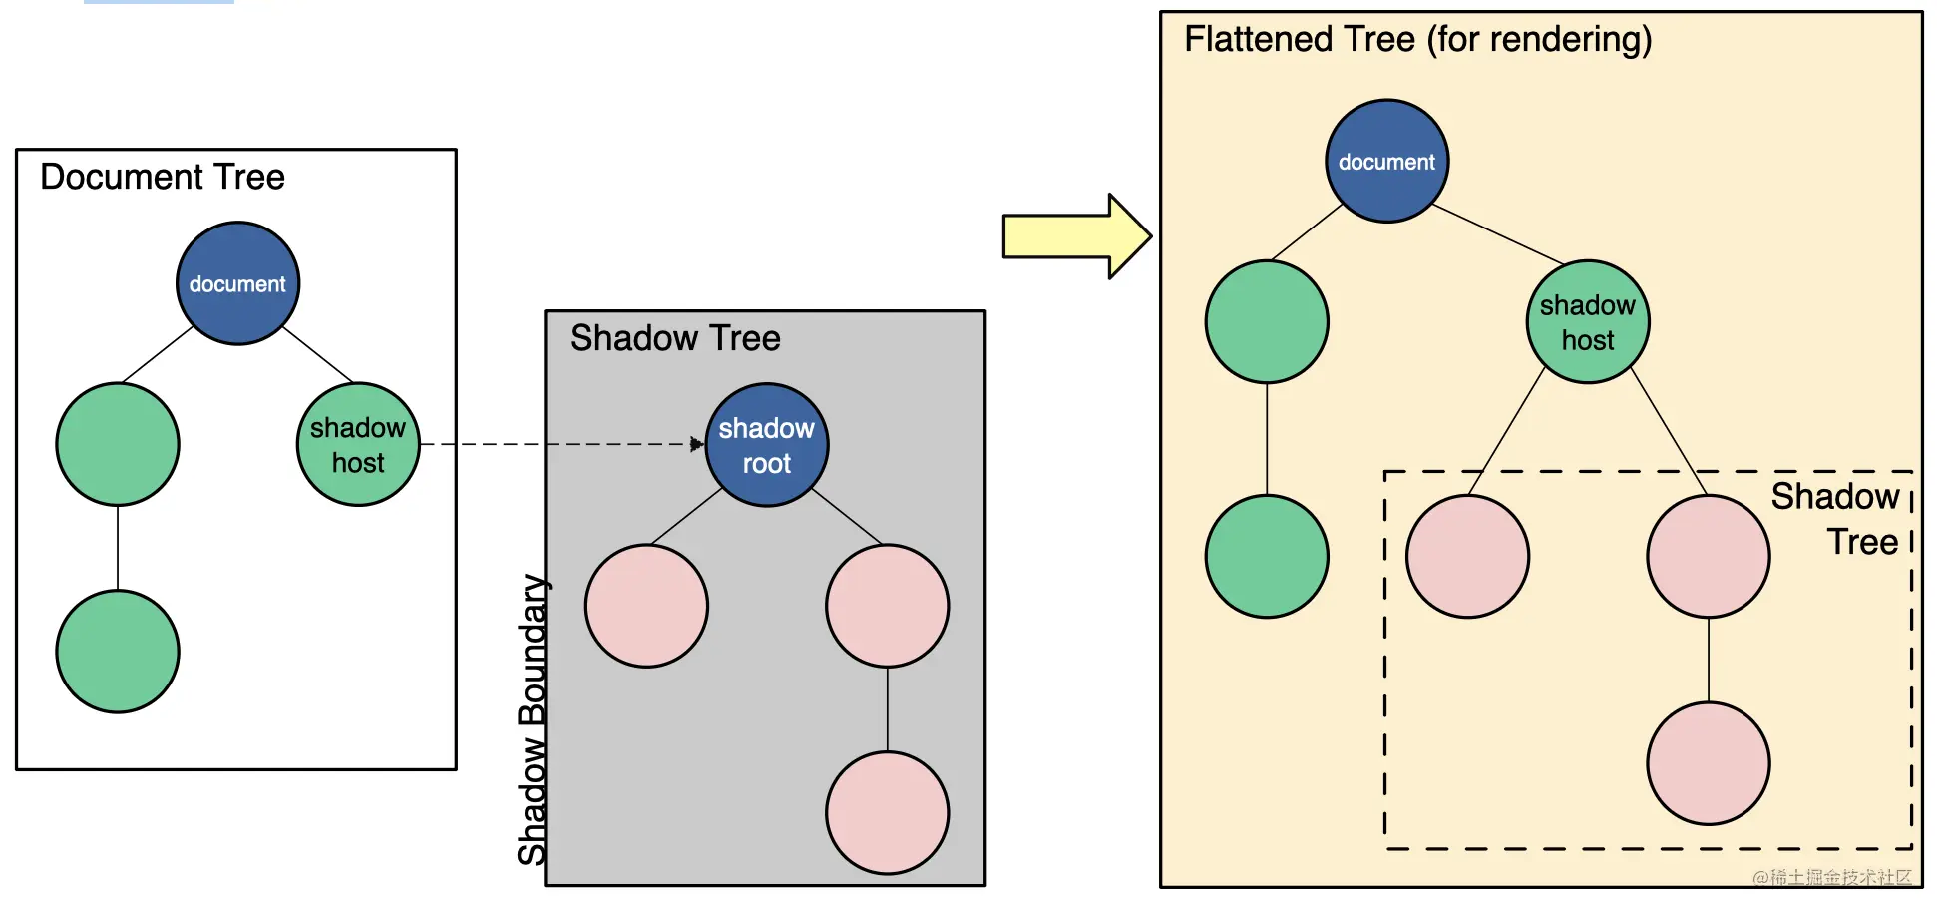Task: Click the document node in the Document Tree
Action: (237, 283)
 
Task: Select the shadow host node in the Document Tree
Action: (358, 444)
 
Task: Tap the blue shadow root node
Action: (766, 445)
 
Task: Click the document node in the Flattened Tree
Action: (1386, 161)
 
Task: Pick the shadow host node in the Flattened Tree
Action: (1587, 321)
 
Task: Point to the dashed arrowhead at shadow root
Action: (696, 444)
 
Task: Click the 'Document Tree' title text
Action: (163, 177)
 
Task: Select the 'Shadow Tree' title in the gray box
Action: (674, 338)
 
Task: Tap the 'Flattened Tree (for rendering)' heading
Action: (1417, 39)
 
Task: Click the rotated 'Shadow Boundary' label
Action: (532, 718)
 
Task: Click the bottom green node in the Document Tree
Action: (118, 651)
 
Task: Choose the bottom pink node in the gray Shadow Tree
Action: (887, 812)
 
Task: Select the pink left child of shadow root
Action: (646, 606)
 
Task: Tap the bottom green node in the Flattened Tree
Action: (1267, 556)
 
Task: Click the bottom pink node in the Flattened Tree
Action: (1708, 763)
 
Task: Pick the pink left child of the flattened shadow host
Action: (1467, 556)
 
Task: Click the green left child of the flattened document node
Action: (1267, 321)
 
